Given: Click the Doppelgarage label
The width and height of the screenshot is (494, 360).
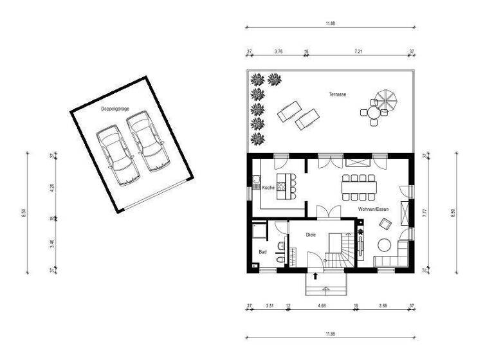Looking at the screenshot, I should [x=115, y=109].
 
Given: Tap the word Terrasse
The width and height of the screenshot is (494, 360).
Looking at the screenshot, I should [x=338, y=94].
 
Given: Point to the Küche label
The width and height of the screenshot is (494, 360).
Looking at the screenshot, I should [x=268, y=187].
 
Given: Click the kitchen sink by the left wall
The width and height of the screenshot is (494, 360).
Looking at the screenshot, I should [x=255, y=180].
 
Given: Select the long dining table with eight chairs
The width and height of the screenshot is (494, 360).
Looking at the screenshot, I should [x=358, y=187].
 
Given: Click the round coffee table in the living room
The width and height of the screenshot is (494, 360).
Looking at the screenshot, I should [x=385, y=245].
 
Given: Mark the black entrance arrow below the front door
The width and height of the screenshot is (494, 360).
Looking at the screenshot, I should [x=315, y=276].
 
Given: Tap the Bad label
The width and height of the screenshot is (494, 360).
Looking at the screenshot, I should [x=262, y=252].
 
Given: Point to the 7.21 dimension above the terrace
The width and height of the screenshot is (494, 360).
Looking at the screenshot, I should [x=359, y=50].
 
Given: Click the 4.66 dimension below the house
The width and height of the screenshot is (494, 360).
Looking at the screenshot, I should [x=322, y=306].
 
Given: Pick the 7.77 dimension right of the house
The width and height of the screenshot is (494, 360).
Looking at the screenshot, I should [x=424, y=212].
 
